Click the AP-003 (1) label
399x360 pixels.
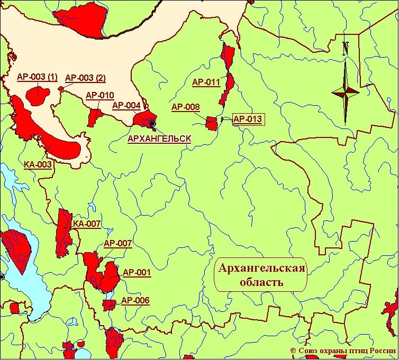[x=37, y=77]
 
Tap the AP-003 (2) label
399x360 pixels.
[x=85, y=78]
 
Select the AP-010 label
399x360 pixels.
[x=99, y=96]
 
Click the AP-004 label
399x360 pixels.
[x=126, y=106]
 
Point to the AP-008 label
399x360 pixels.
[x=186, y=107]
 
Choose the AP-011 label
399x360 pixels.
[x=206, y=82]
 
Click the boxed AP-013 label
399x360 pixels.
[x=248, y=119]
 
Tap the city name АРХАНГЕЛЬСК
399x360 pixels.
[x=159, y=139]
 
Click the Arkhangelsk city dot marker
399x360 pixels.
[x=153, y=124]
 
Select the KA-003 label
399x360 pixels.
[x=38, y=164]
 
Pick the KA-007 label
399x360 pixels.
[x=87, y=224]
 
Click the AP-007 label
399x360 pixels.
[x=117, y=244]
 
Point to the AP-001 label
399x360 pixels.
[x=137, y=273]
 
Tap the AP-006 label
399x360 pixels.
[x=135, y=301]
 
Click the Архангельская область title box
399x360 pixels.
[x=262, y=275]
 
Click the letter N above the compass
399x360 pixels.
[x=346, y=48]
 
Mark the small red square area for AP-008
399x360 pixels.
[x=211, y=124]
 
